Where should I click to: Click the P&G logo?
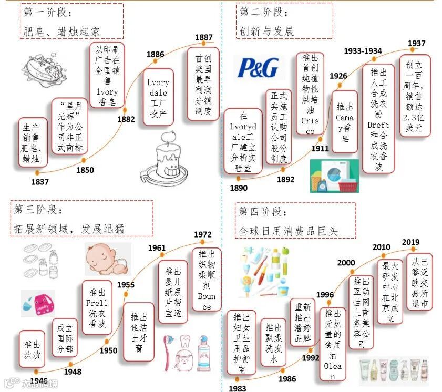(x=258, y=68)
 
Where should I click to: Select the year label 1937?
(x=416, y=43)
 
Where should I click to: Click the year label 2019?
(x=410, y=242)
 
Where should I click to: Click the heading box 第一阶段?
(x=71, y=21)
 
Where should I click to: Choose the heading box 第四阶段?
(x=295, y=220)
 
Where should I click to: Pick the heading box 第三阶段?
(x=81, y=219)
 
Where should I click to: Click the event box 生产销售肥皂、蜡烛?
(x=32, y=142)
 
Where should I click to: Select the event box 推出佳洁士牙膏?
(x=138, y=331)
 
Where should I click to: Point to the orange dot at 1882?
(x=125, y=110)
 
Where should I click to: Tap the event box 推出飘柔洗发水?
(x=273, y=344)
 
